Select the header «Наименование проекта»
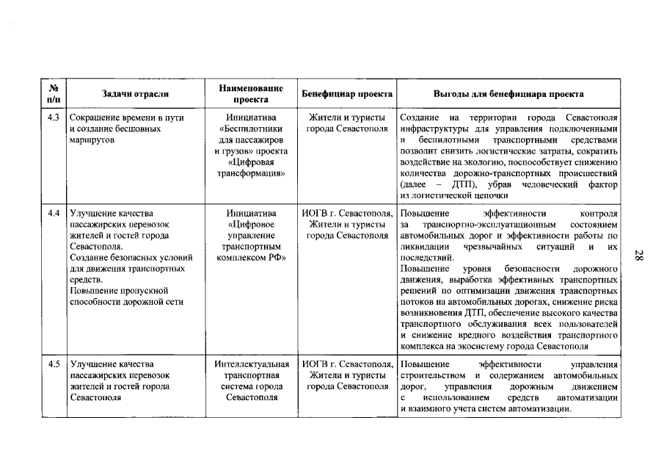252,93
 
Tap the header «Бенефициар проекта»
348,94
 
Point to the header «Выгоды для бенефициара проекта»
508,94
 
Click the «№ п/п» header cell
53,93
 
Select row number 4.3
53,117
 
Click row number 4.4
53,213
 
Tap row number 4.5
53,364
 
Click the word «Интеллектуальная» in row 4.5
252,364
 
